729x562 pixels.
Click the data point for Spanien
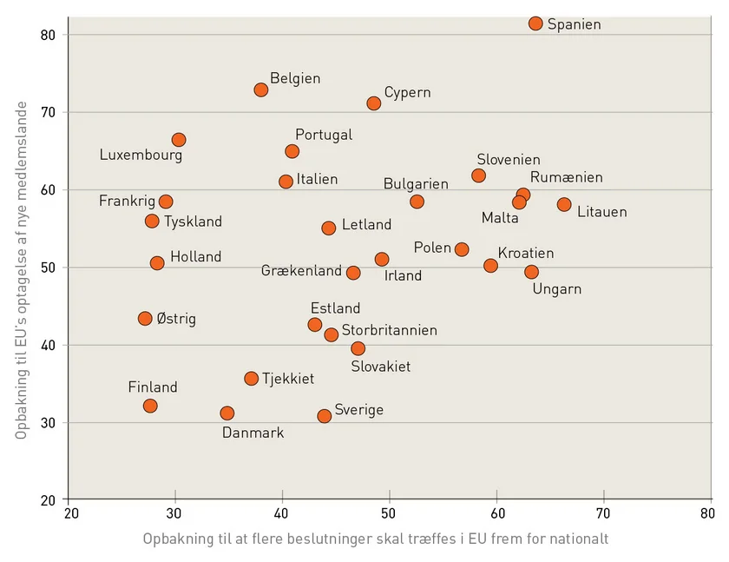click(x=535, y=23)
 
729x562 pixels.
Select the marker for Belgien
click(x=261, y=89)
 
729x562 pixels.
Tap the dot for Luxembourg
click(x=179, y=140)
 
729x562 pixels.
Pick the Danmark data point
click(x=227, y=413)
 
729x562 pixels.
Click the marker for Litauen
click(x=564, y=205)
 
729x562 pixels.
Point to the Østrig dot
click(x=145, y=319)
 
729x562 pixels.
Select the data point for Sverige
click(x=325, y=416)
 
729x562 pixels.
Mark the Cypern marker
click(x=374, y=103)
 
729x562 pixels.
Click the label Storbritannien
click(x=389, y=330)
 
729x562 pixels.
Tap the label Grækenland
click(x=301, y=271)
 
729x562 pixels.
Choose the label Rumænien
click(x=566, y=177)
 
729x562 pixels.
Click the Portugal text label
click(x=324, y=135)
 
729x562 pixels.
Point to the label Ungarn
click(x=556, y=289)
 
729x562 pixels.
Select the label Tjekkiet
click(x=288, y=379)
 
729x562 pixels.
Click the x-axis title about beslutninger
click(x=376, y=539)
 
